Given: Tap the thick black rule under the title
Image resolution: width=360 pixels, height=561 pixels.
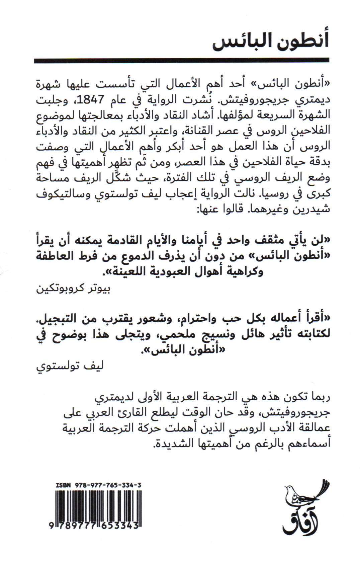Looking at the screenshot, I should click(x=181, y=61).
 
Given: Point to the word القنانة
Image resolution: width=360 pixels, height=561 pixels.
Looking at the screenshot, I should click(x=194, y=131).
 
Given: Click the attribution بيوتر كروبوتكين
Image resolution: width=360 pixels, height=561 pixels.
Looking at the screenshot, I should click(x=73, y=288).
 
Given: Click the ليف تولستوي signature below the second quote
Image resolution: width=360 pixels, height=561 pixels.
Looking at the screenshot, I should click(x=70, y=366).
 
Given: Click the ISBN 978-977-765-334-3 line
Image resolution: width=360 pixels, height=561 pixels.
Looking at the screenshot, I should click(x=98, y=485).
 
